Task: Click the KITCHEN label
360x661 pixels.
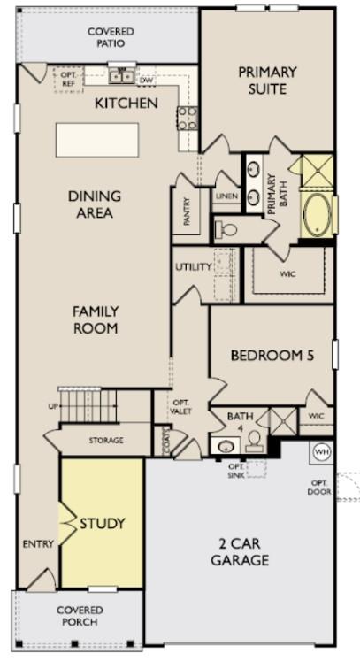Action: coord(126,104)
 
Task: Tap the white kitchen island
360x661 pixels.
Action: coord(97,139)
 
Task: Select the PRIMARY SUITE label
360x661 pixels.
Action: coord(267,80)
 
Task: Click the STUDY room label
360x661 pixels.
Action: coord(103,523)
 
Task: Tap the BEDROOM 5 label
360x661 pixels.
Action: coord(272,356)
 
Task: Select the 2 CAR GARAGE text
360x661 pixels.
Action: coord(240,551)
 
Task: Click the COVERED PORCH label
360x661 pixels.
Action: coord(80,615)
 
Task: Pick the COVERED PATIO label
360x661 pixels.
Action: coord(111,37)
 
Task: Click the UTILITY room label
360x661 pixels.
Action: coord(192,266)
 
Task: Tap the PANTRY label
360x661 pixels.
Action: coord(188,213)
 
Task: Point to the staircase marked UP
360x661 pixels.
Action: coord(88,405)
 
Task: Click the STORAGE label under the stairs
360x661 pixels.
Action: coord(106,440)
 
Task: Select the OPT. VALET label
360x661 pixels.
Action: coord(180,406)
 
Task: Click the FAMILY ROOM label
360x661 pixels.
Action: coord(96,319)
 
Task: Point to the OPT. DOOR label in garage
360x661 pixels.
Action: coord(319,486)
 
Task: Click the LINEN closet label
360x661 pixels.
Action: coord(226,196)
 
